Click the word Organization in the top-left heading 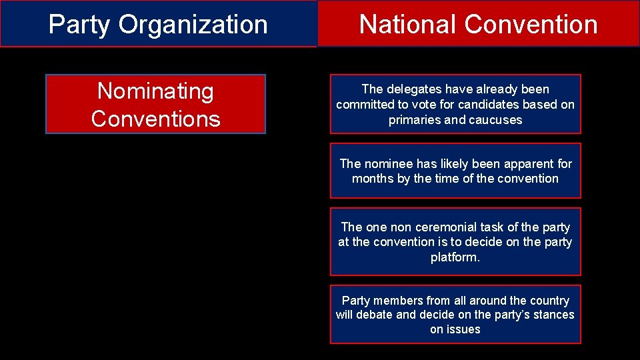click(x=193, y=25)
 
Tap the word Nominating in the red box click(x=155, y=91)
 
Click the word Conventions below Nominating click(x=155, y=119)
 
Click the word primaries click(x=413, y=120)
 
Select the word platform click(x=455, y=257)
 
